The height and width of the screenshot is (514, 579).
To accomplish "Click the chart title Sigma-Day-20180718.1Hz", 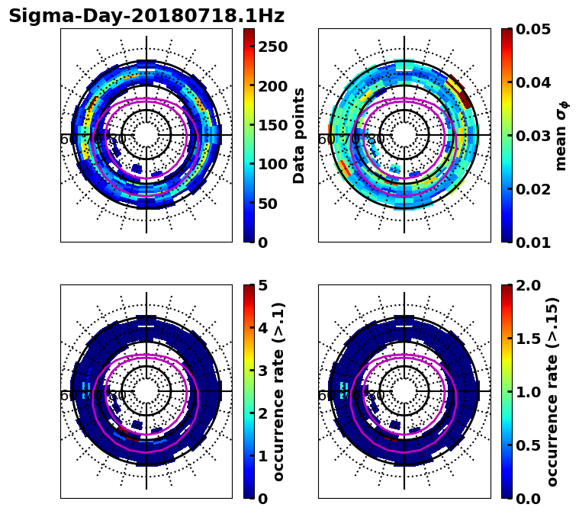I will (x=146, y=16).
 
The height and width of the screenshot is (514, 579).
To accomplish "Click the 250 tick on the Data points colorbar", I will (x=272, y=47).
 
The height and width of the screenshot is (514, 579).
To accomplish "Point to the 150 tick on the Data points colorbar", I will (x=272, y=125).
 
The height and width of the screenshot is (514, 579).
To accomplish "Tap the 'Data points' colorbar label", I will (x=299, y=135).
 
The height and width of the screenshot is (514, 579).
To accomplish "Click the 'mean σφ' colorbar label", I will (x=561, y=135).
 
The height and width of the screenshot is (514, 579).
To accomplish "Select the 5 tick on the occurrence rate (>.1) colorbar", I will (x=263, y=285).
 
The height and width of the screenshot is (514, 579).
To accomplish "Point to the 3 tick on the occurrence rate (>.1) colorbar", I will (x=263, y=371).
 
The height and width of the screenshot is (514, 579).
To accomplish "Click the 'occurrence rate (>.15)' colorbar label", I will (x=553, y=391).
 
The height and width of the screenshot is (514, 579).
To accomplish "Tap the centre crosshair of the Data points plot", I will (x=146, y=135).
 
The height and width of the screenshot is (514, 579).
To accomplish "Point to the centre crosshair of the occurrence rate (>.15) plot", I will (x=404, y=391).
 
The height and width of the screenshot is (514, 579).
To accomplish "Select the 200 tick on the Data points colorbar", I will (x=272, y=86).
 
